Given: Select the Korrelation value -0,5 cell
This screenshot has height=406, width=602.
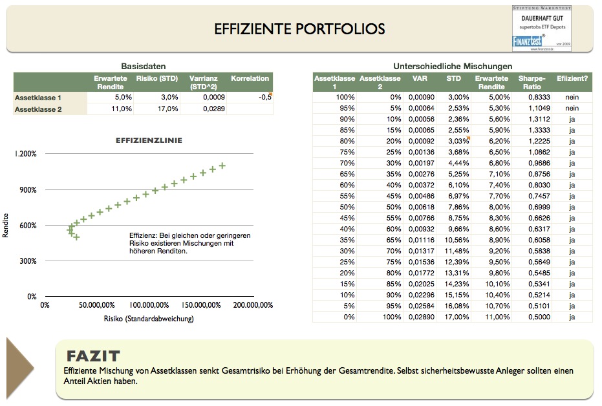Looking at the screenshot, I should pos(250,98).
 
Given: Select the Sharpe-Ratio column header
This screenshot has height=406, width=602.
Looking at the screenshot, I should pos(532,82).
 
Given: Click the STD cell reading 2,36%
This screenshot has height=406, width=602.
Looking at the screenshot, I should pos(453,118).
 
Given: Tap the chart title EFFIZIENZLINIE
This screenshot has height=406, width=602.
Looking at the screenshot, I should pos(149,140).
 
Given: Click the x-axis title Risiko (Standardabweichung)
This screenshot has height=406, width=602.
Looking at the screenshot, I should pos(149,318).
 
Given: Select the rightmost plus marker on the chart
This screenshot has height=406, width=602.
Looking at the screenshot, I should pos(222,166).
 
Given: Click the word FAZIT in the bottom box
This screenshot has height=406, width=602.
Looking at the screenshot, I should pos(92,356).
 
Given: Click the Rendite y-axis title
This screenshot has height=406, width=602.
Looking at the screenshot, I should pos(6,226).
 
